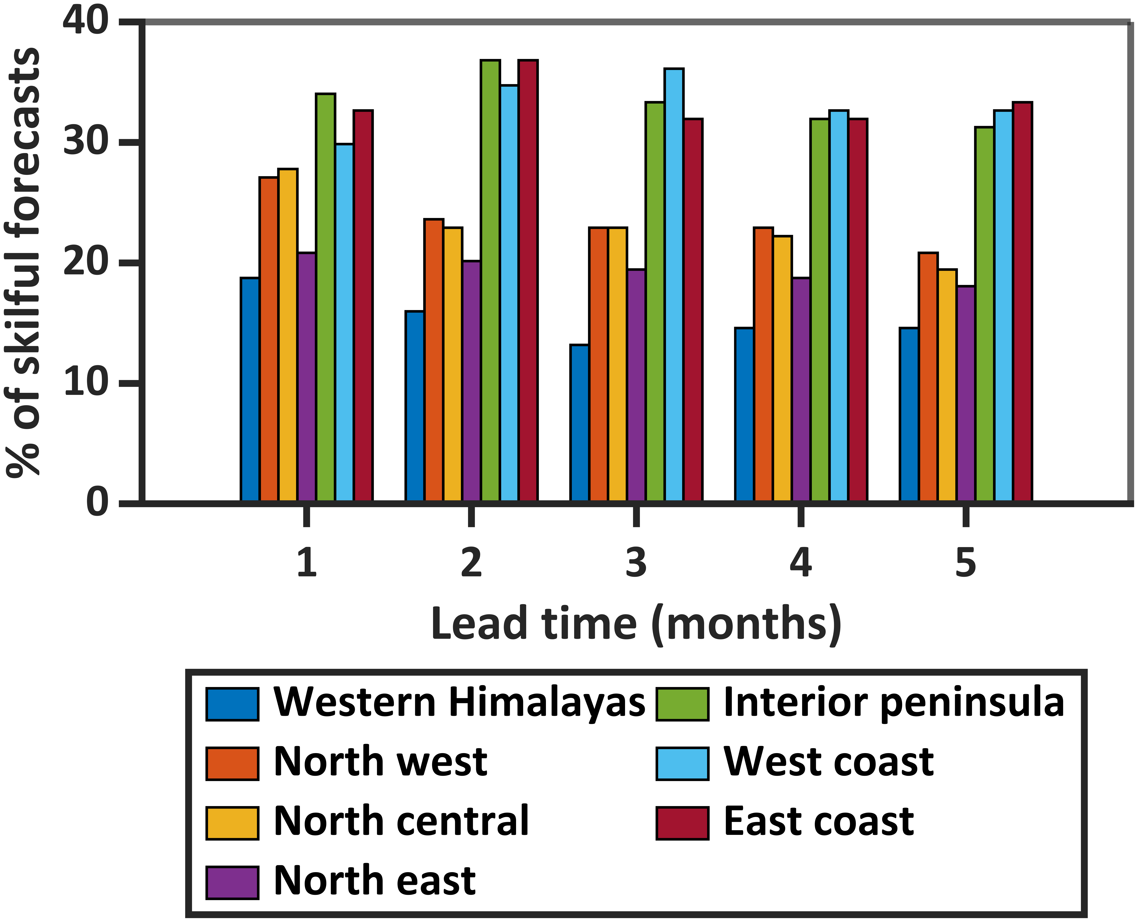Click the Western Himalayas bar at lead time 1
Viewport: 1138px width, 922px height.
250,389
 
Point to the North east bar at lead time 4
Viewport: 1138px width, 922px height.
801,389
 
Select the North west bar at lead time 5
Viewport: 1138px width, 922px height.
928,377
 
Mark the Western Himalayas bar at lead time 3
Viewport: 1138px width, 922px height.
579,423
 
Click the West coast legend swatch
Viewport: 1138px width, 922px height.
682,764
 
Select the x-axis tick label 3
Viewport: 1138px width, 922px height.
636,563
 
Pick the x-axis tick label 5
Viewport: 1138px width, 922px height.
965,563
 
